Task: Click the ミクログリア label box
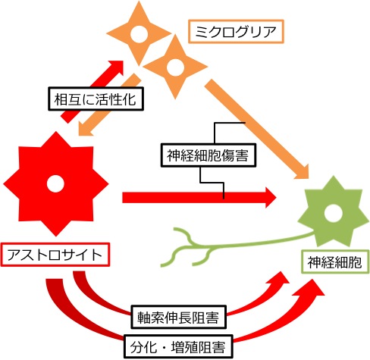[236, 32]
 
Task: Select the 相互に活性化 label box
[96, 99]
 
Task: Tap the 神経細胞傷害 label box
[209, 155]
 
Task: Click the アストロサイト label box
[55, 255]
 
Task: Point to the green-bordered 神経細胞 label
[335, 262]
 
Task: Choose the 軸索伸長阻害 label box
[178, 317]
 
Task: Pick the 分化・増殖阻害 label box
[178, 346]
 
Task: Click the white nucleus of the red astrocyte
[55, 183]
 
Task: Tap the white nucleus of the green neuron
[334, 214]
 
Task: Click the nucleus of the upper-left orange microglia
[139, 34]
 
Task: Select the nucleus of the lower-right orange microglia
[175, 67]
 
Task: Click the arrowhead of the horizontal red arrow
[271, 198]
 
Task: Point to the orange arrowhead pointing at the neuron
[302, 172]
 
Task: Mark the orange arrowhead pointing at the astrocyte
[85, 129]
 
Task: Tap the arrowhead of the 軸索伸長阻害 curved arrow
[281, 279]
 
